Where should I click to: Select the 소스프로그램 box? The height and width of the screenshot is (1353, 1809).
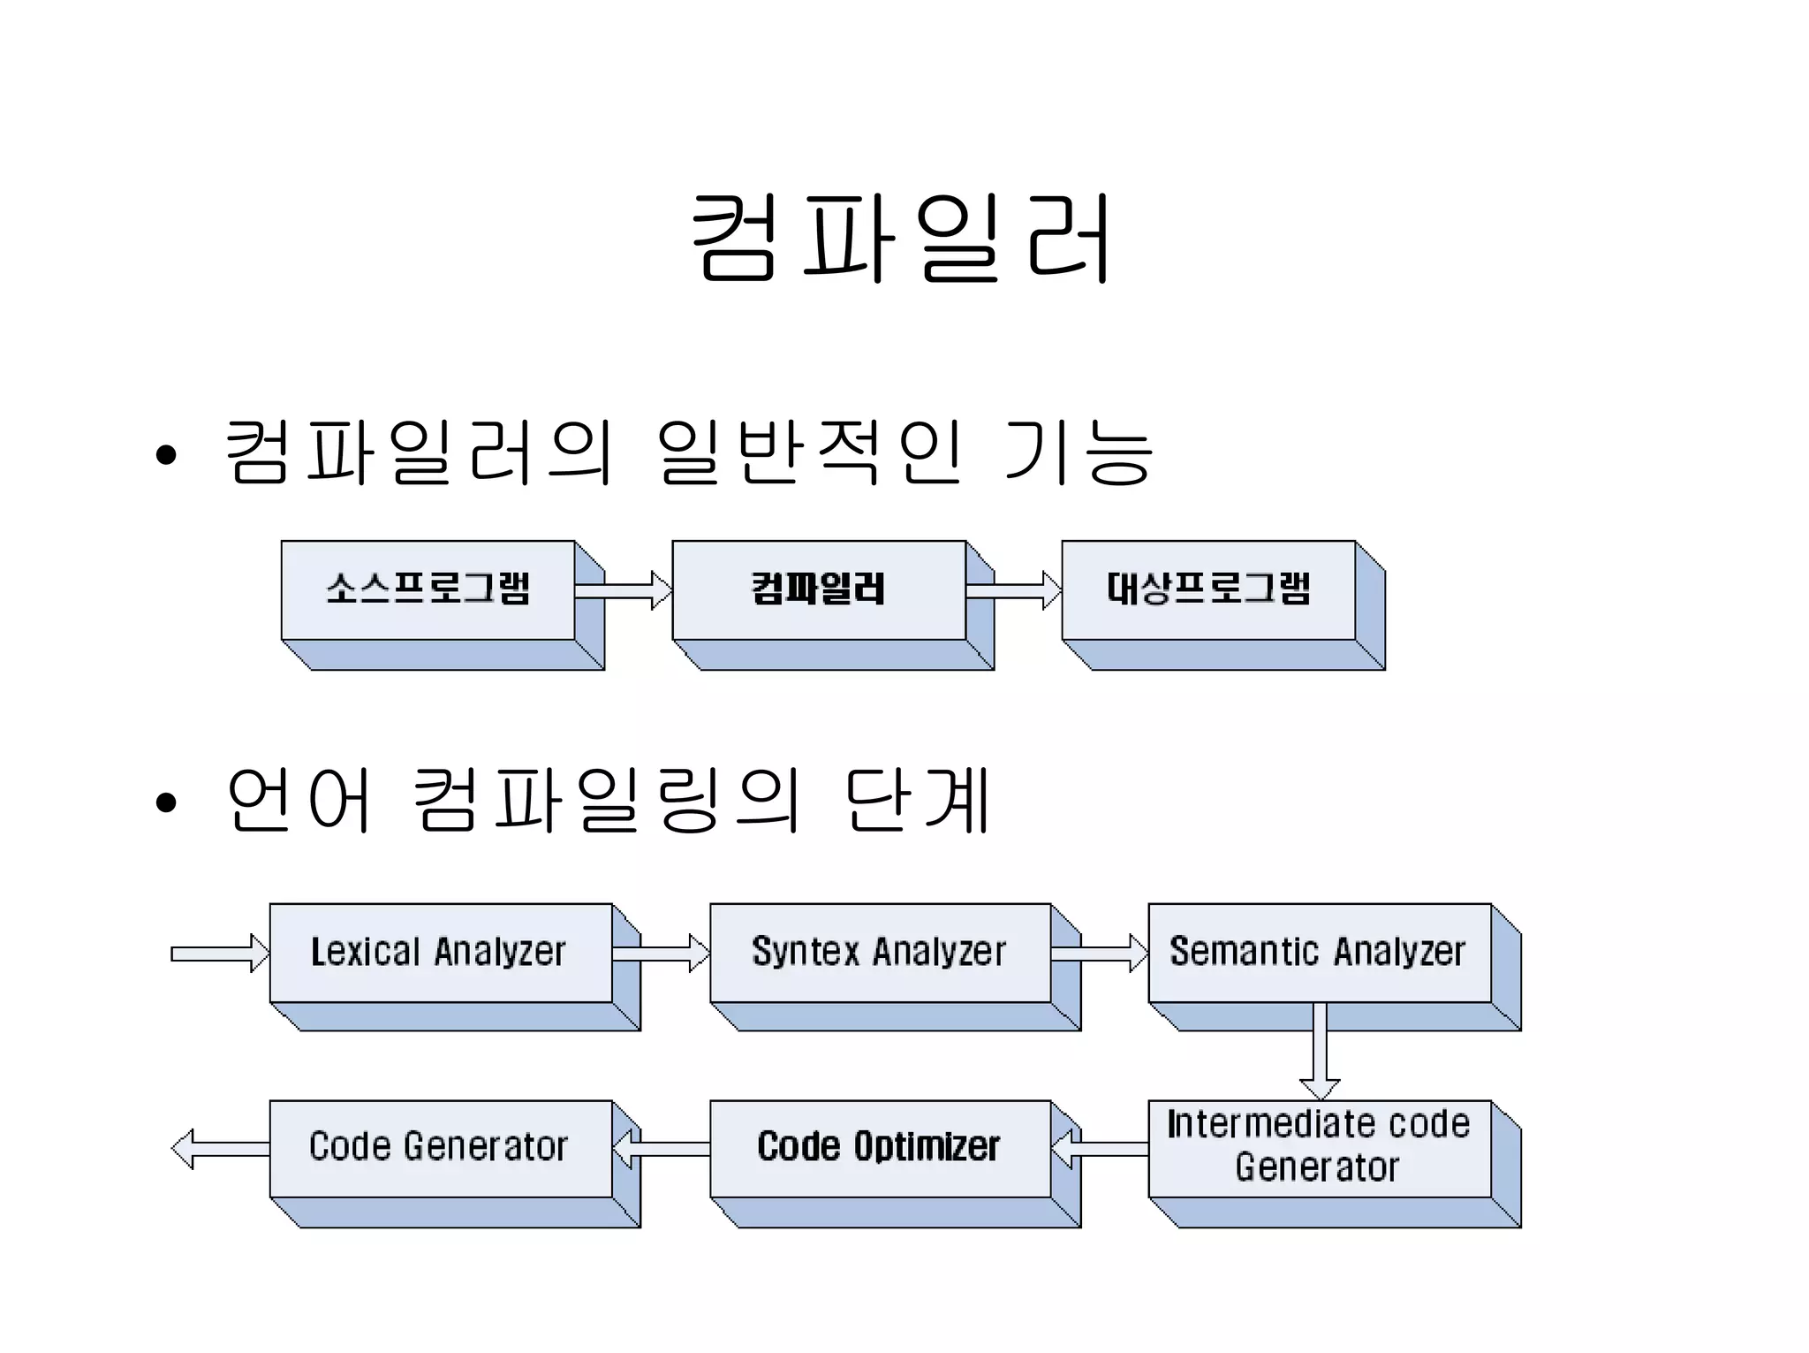coord(428,589)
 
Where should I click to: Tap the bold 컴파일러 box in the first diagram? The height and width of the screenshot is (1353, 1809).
coord(819,589)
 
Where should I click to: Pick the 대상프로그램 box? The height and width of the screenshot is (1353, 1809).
coord(1208,589)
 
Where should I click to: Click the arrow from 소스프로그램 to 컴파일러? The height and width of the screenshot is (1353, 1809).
coord(623,590)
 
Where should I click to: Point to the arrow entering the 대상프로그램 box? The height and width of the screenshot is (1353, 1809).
coord(1014,590)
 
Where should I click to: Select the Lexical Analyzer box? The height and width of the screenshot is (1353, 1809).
coord(440,953)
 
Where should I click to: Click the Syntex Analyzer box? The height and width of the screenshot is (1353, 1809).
coord(880,953)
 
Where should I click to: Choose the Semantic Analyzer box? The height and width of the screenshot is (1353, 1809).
coord(1319,953)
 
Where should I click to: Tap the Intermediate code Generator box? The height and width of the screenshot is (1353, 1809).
coord(1319,1148)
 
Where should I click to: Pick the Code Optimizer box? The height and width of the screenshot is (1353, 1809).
coord(880,1148)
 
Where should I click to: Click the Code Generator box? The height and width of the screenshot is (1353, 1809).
coord(440,1148)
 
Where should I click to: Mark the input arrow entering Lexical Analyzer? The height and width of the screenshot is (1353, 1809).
coord(220,954)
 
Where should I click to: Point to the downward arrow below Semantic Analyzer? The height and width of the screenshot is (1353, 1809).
coord(1320,1052)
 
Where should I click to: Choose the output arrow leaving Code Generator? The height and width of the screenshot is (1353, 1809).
coord(220,1149)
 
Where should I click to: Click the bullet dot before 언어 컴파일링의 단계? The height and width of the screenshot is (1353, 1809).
coord(165,803)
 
